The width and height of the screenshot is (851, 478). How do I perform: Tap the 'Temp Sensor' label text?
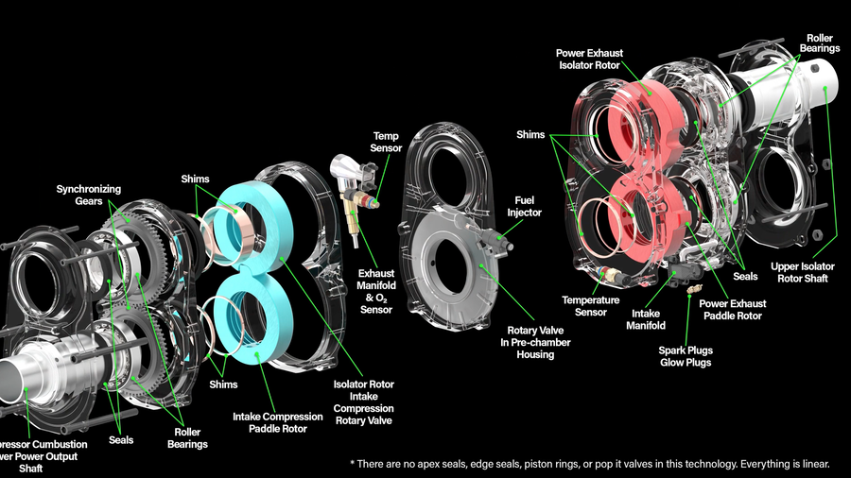[386, 142]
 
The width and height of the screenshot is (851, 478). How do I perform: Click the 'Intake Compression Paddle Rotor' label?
[270, 422]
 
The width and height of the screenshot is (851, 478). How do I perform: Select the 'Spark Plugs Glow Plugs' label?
[686, 356]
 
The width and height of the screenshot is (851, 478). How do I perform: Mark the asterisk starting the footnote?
[352, 463]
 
